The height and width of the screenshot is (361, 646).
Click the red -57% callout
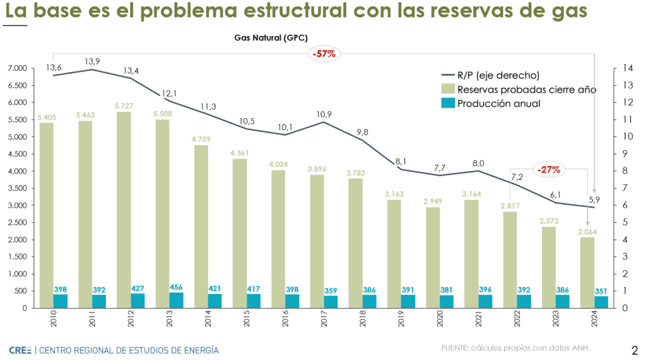pos(324,54)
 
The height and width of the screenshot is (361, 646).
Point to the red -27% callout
pos(549,169)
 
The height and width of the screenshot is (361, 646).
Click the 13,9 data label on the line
pos(92,61)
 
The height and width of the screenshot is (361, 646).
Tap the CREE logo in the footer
pos(20,350)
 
